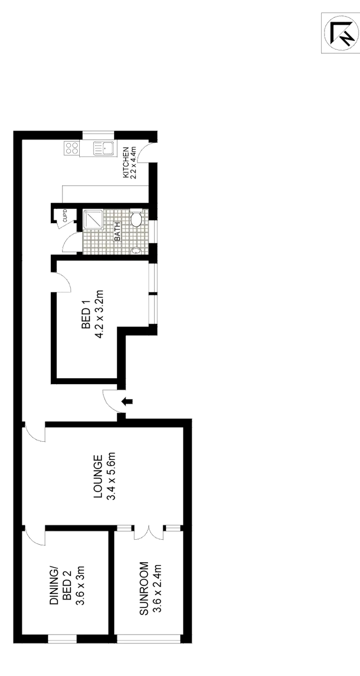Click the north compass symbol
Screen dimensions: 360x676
coord(340,35)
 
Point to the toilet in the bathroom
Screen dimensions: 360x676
coord(136,220)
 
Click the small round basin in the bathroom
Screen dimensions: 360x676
coord(136,250)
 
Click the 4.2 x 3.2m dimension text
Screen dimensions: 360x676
coord(100,315)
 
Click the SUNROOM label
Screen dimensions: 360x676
coord(143,589)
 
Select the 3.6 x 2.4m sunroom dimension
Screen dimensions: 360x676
coord(156,589)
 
